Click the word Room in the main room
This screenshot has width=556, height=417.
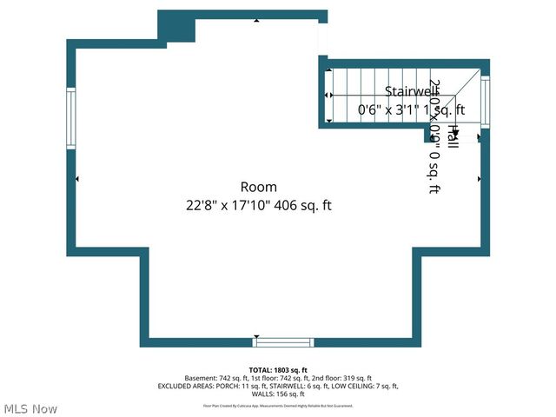click(259, 187)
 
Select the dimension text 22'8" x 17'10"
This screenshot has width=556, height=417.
click(231, 206)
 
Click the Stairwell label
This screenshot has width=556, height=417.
click(411, 91)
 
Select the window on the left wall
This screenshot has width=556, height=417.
click(71, 120)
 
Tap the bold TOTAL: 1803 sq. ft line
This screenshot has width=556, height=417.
click(277, 370)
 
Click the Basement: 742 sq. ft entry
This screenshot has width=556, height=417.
click(214, 379)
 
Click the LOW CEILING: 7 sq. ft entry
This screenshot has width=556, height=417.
click(364, 387)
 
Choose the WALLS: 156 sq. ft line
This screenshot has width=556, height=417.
click(277, 394)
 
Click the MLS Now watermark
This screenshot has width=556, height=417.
click(31, 408)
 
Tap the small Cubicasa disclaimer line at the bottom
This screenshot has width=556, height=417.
click(277, 406)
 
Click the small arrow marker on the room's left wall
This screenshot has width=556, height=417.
click(78, 179)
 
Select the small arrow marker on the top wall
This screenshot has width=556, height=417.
click(255, 19)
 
